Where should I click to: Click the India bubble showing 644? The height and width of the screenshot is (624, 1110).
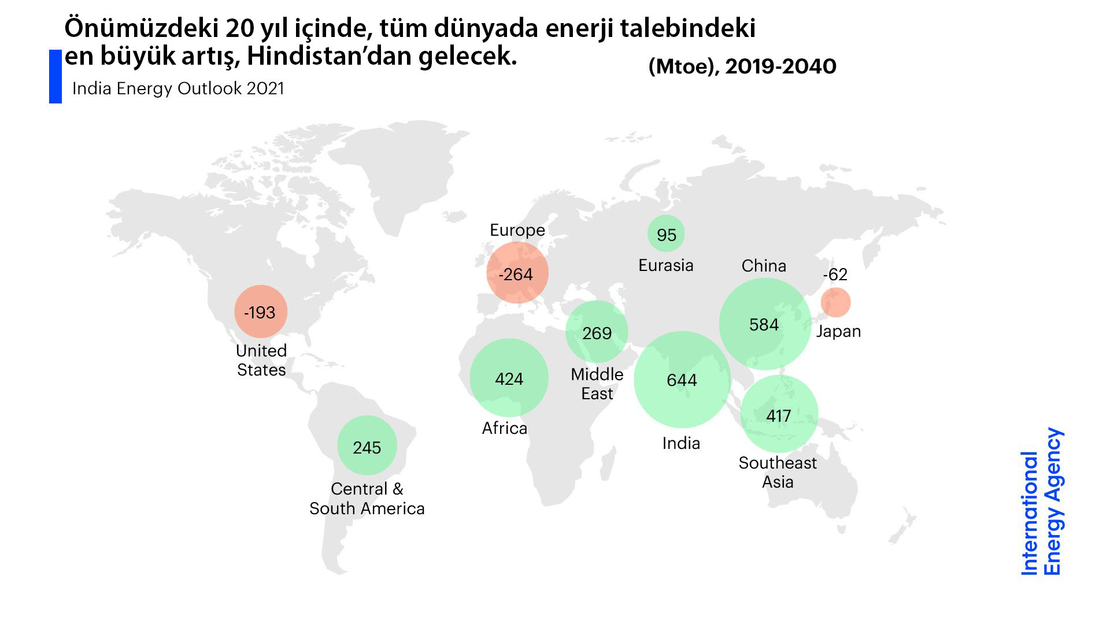coord(682,380)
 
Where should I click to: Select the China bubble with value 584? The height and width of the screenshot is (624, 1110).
coord(764,324)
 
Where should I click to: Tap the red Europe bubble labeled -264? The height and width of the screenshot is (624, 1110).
coord(517,273)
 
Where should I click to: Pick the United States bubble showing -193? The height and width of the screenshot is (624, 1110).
coord(260,312)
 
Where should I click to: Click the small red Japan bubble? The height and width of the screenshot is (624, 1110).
coord(835,302)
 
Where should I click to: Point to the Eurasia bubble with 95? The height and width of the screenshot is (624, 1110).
coord(666,235)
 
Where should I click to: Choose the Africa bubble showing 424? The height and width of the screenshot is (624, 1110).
coord(509,378)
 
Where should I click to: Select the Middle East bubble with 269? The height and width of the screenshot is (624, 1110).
coord(597,333)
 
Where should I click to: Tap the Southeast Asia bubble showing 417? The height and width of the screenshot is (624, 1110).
coord(779,415)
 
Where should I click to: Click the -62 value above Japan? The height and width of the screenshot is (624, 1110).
coord(835,274)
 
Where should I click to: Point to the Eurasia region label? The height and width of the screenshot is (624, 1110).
coord(666,265)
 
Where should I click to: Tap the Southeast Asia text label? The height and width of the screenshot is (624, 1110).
coord(778,472)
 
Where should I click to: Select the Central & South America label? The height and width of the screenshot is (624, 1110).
coord(367,499)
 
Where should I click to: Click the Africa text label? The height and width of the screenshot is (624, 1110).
coord(505,428)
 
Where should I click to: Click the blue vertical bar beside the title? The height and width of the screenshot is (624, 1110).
coord(55,76)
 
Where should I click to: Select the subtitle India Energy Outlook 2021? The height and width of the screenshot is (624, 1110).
coord(178,88)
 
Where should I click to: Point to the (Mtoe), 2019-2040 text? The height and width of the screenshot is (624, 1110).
coord(742,66)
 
